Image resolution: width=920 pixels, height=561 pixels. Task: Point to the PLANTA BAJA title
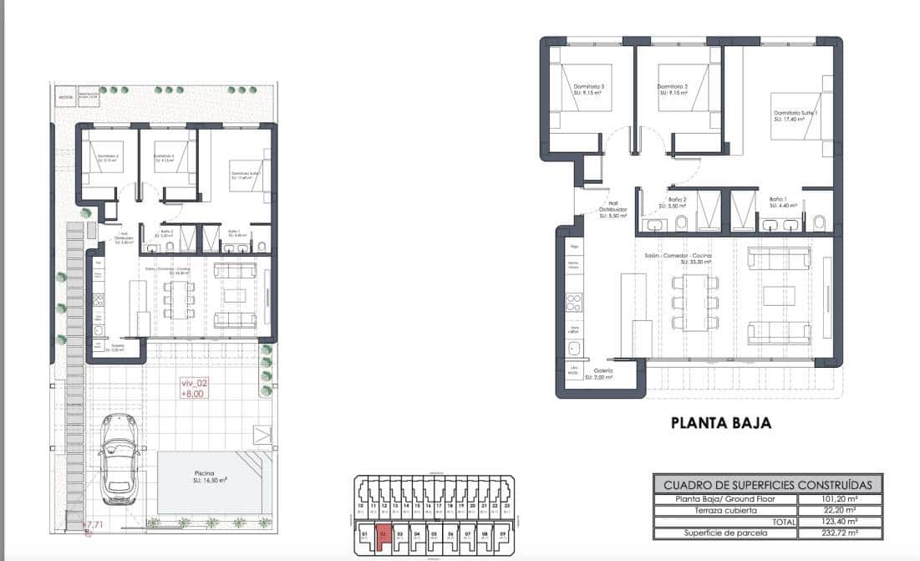(721, 423)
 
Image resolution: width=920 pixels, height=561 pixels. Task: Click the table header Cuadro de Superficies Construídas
(767, 485)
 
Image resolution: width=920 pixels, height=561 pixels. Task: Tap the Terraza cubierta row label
(724, 510)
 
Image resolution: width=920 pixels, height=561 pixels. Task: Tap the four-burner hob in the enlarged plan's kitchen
(574, 298)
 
